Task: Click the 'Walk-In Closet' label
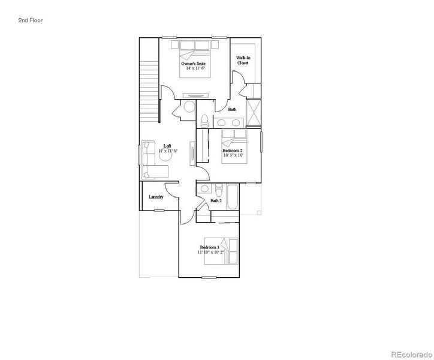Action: click(x=243, y=59)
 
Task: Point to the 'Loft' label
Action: click(x=167, y=146)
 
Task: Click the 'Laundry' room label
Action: click(x=156, y=197)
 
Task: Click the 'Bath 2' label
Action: click(x=216, y=200)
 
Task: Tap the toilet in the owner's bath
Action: click(x=204, y=119)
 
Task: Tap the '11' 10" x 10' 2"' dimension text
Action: click(x=210, y=253)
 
